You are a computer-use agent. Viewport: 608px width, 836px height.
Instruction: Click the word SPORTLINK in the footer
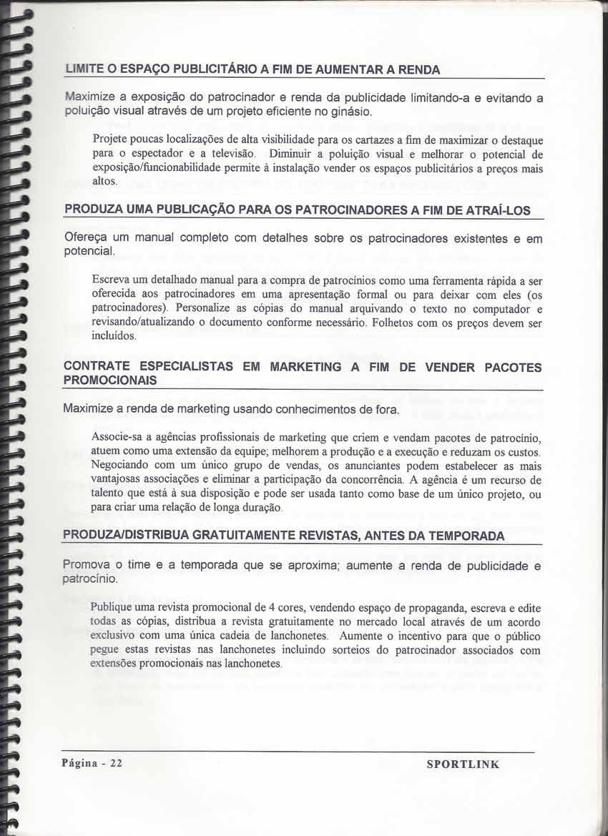(x=463, y=764)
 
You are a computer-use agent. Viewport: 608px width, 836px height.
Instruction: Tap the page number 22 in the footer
(x=117, y=763)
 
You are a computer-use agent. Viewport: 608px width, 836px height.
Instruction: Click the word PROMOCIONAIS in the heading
(x=110, y=381)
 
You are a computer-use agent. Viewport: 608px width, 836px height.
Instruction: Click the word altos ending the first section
(x=104, y=182)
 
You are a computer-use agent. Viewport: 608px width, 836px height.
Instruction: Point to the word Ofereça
(x=87, y=237)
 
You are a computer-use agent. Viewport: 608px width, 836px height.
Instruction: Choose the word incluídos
(x=114, y=337)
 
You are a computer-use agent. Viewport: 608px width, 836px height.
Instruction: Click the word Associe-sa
(x=118, y=437)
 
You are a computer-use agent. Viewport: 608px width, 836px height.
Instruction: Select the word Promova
(x=87, y=565)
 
